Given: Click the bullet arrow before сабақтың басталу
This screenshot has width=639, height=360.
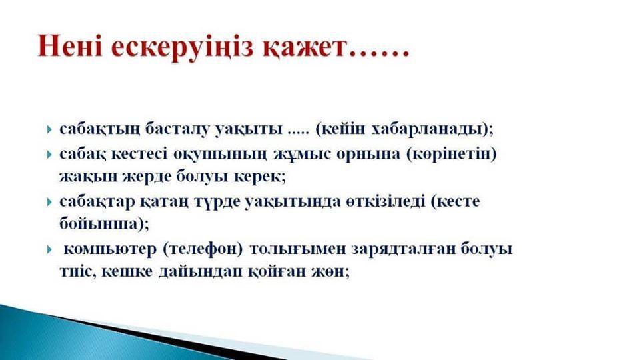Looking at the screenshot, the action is pyautogui.click(x=50, y=130).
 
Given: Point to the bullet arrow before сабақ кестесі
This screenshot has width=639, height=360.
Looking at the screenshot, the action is pyautogui.click(x=50, y=155).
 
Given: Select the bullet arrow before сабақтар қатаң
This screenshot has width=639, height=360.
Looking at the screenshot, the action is pyautogui.click(x=50, y=202).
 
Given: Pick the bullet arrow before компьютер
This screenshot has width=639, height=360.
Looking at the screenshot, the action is pyautogui.click(x=50, y=249).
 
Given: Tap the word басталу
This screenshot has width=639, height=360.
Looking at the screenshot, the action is pyautogui.click(x=177, y=129).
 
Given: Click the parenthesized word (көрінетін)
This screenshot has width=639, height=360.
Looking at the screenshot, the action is pyautogui.click(x=452, y=155).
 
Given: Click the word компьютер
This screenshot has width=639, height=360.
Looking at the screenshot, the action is pyautogui.click(x=110, y=249).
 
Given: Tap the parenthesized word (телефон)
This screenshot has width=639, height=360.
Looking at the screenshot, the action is pyautogui.click(x=203, y=249).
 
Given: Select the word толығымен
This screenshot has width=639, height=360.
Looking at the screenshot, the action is pyautogui.click(x=297, y=249).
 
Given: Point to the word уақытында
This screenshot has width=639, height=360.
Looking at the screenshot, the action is pyautogui.click(x=293, y=202).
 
